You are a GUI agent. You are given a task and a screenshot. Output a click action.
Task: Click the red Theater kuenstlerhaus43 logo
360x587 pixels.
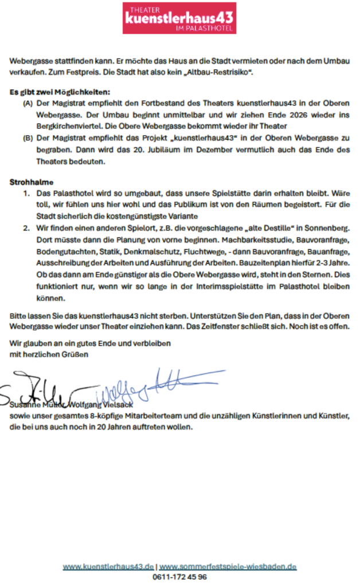pos(179,18)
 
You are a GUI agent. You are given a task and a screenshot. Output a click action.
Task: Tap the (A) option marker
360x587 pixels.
pos(28,104)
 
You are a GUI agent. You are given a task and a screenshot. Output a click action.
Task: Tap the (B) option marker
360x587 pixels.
pos(28,139)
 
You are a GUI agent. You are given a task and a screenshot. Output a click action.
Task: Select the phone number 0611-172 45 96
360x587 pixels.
pos(180,577)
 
